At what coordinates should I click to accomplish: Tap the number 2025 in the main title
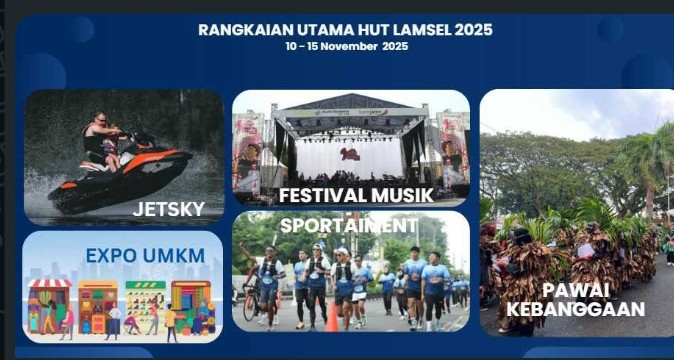click(x=473, y=30)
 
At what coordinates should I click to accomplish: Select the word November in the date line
click(x=349, y=46)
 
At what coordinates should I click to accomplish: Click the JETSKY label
click(x=168, y=209)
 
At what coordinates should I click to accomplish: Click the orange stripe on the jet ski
click(x=149, y=160)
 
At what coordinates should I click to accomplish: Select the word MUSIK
click(x=402, y=195)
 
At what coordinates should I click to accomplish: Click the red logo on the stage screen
click(x=350, y=154)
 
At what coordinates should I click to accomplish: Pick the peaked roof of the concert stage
click(x=351, y=101)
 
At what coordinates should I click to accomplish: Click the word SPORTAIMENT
click(x=349, y=226)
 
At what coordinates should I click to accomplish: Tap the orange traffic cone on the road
click(x=332, y=317)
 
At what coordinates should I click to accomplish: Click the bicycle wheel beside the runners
click(x=250, y=307)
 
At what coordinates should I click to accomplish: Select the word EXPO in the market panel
click(x=112, y=256)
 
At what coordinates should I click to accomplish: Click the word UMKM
click(x=174, y=256)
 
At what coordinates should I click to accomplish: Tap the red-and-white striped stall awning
click(x=49, y=283)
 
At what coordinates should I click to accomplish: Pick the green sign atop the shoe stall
click(x=145, y=285)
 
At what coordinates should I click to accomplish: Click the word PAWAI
click(x=576, y=291)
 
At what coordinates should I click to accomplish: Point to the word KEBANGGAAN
click(x=576, y=309)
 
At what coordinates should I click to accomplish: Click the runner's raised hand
click(x=242, y=247)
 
